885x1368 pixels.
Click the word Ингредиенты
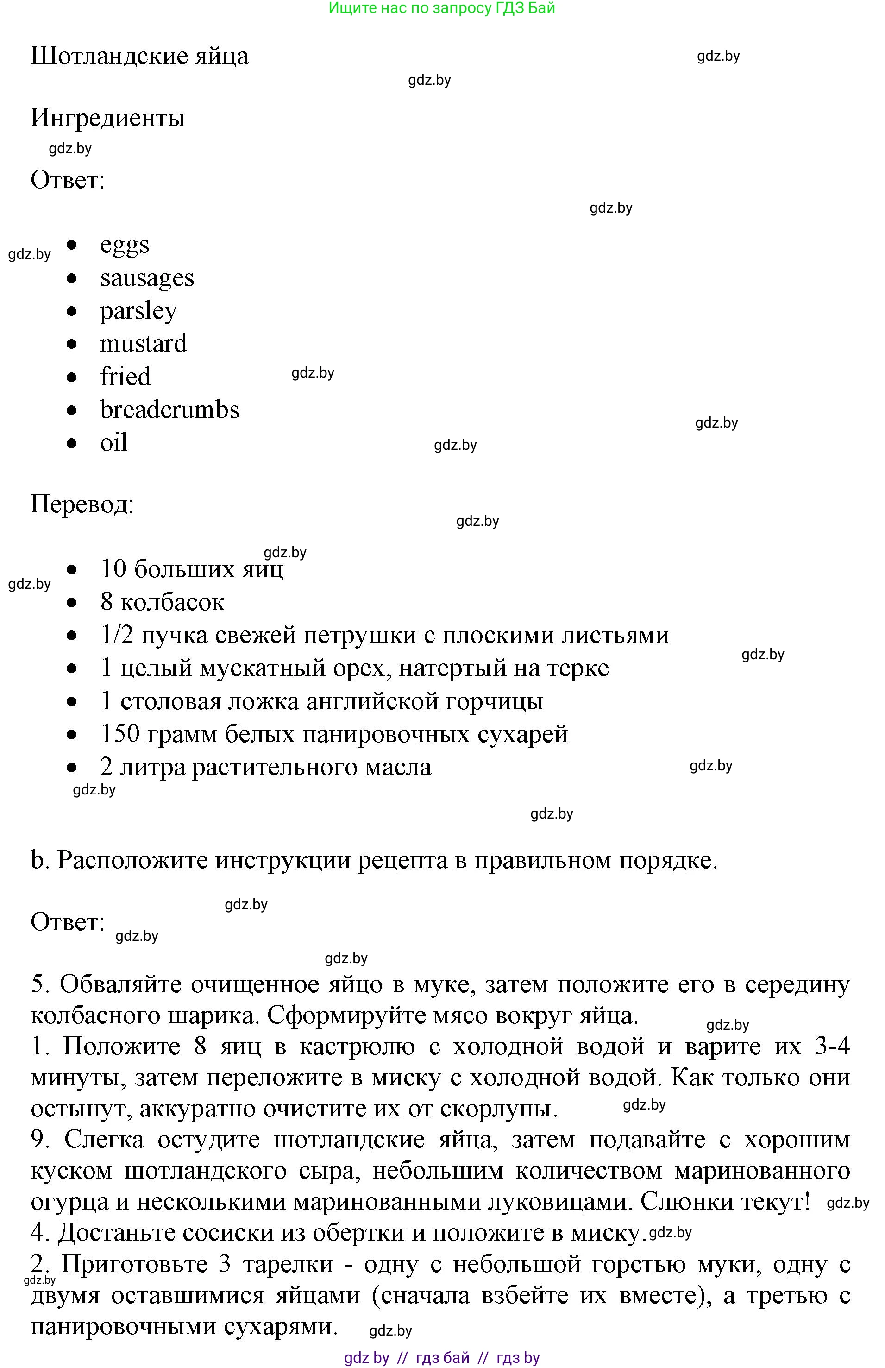point(107,118)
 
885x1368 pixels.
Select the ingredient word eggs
point(124,245)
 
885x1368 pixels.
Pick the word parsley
point(138,311)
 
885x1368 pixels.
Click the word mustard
point(143,344)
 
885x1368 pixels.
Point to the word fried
point(126,377)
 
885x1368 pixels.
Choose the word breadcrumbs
point(169,410)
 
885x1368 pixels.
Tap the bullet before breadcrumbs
point(71,410)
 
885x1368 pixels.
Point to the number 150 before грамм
point(119,734)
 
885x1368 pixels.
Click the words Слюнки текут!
point(725,1201)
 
